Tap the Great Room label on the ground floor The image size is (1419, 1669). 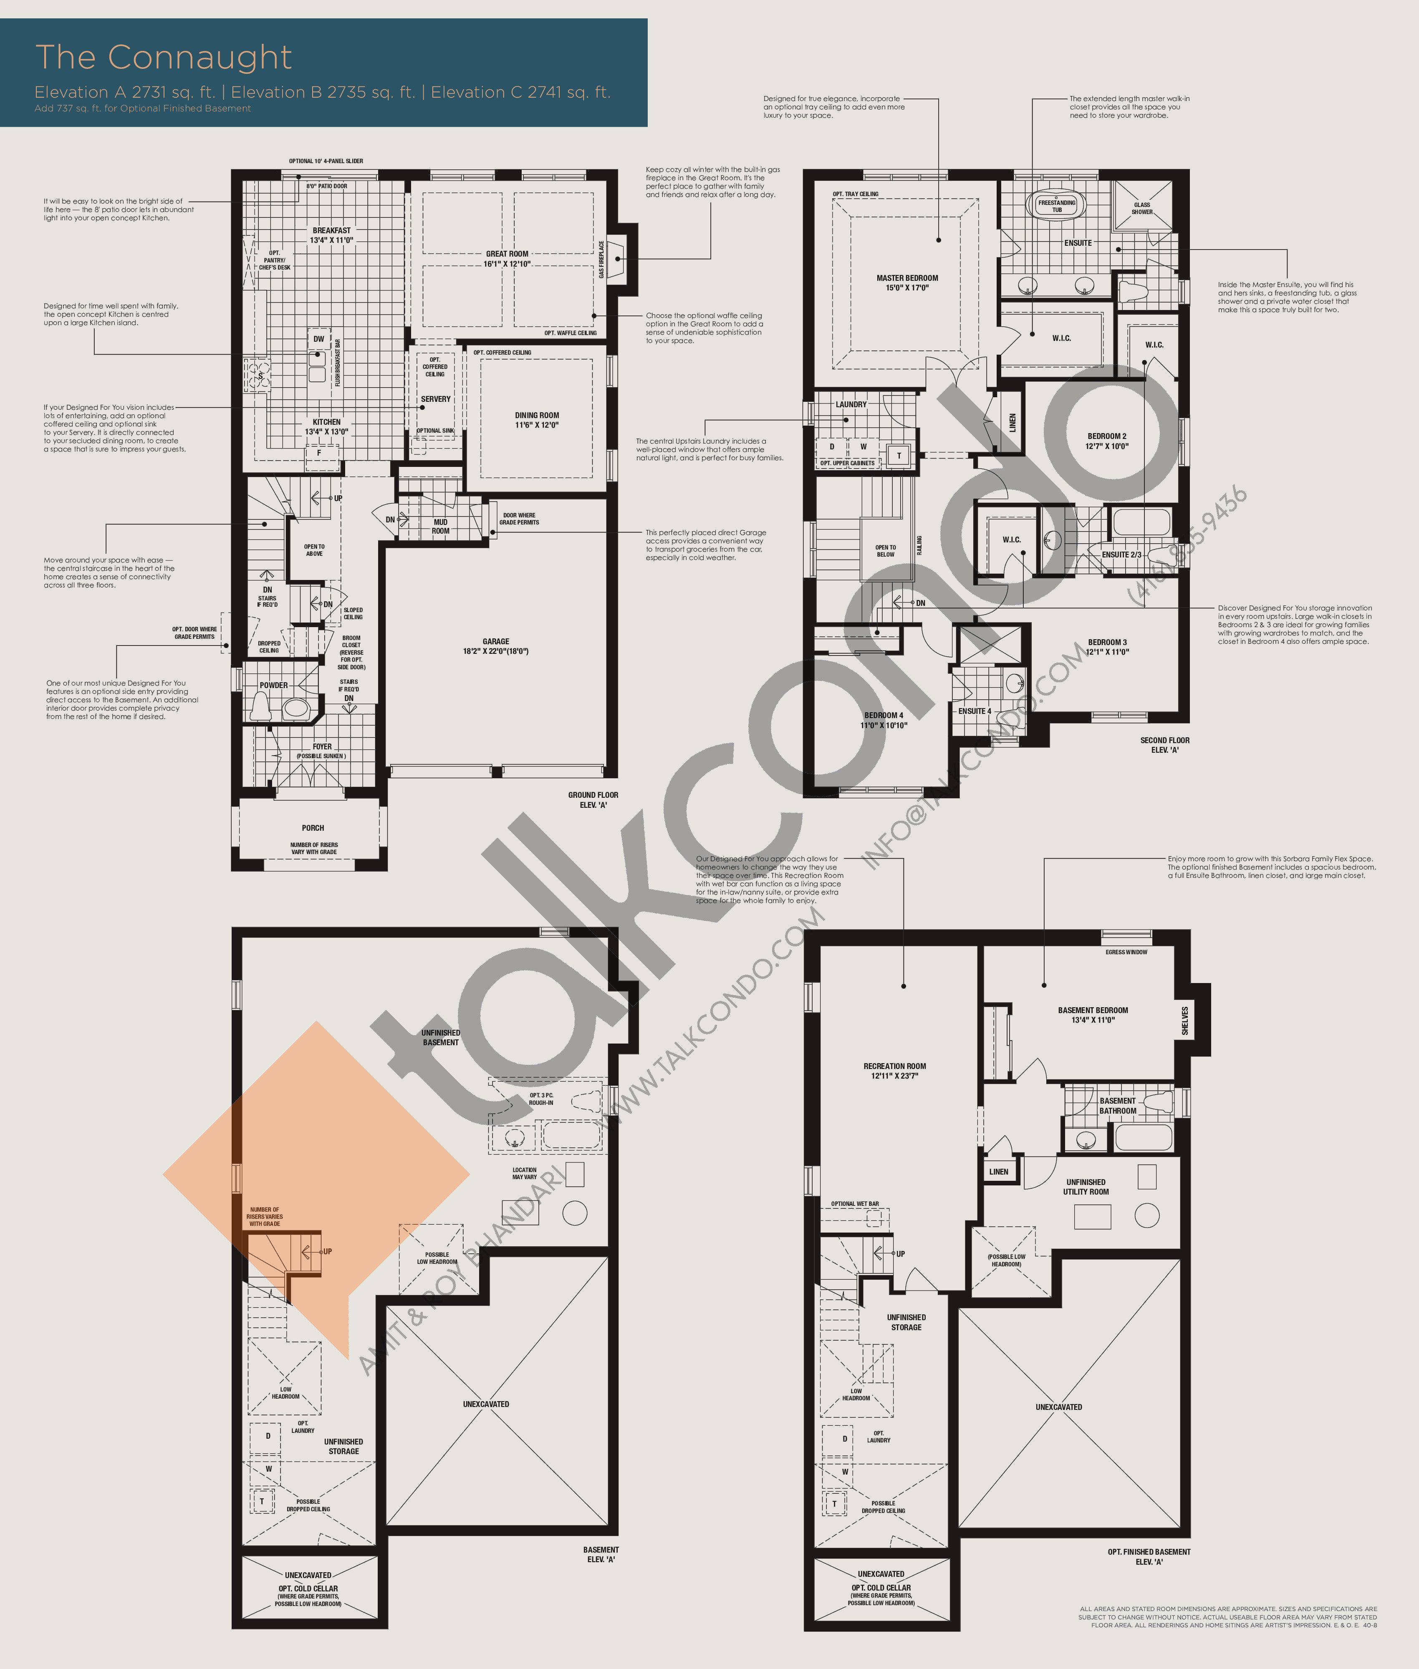tap(507, 258)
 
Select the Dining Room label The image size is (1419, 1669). tap(537, 420)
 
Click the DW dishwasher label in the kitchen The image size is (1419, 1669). tap(318, 339)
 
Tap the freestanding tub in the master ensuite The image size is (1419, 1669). tap(1056, 206)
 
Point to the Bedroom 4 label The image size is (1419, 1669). tap(883, 720)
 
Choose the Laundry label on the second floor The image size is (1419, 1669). tap(851, 405)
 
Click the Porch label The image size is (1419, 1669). tap(313, 828)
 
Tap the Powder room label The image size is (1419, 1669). tap(273, 685)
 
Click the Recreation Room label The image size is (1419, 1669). tap(894, 1071)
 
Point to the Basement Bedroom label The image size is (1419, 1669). tap(1092, 1015)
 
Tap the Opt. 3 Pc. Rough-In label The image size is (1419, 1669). tap(541, 1099)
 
